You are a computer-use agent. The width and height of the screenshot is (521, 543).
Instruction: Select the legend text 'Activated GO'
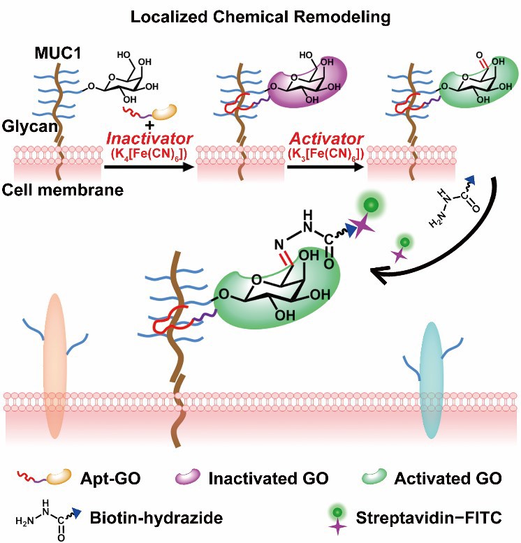coord(447,479)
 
